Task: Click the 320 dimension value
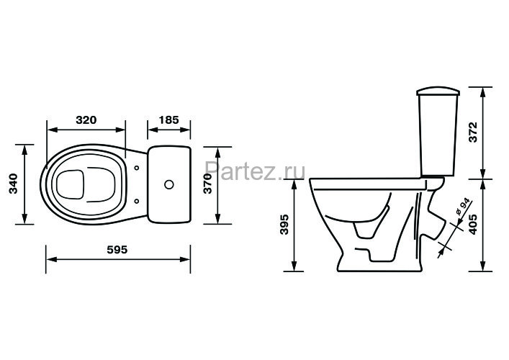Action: pyautogui.click(x=86, y=120)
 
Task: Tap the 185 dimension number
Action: pyautogui.click(x=168, y=120)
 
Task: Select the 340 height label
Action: pyautogui.click(x=13, y=184)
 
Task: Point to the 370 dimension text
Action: pyautogui.click(x=208, y=184)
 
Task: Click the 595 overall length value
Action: pyautogui.click(x=117, y=250)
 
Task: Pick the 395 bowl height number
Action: pyautogui.click(x=284, y=225)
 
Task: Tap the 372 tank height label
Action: pyautogui.click(x=474, y=132)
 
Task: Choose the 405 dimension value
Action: pyautogui.click(x=474, y=225)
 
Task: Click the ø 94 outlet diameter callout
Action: pyautogui.click(x=462, y=207)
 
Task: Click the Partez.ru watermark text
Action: pyautogui.click(x=255, y=171)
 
